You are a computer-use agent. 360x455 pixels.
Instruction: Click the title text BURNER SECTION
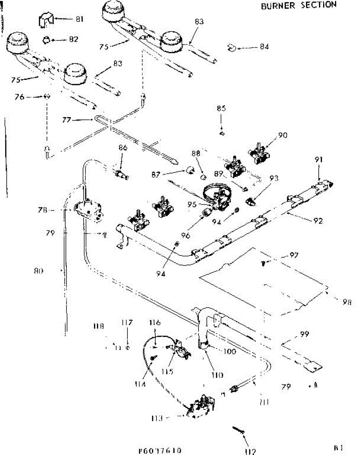(298, 5)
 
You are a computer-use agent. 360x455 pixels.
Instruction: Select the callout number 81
(79, 19)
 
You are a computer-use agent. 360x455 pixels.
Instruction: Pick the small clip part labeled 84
(232, 47)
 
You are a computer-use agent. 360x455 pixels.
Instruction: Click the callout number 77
(67, 120)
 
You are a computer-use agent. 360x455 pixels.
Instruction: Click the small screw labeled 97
(263, 262)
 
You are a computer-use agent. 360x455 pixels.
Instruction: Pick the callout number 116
(155, 323)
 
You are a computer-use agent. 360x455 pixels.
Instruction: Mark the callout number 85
(221, 108)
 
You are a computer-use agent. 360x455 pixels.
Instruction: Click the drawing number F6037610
(160, 450)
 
